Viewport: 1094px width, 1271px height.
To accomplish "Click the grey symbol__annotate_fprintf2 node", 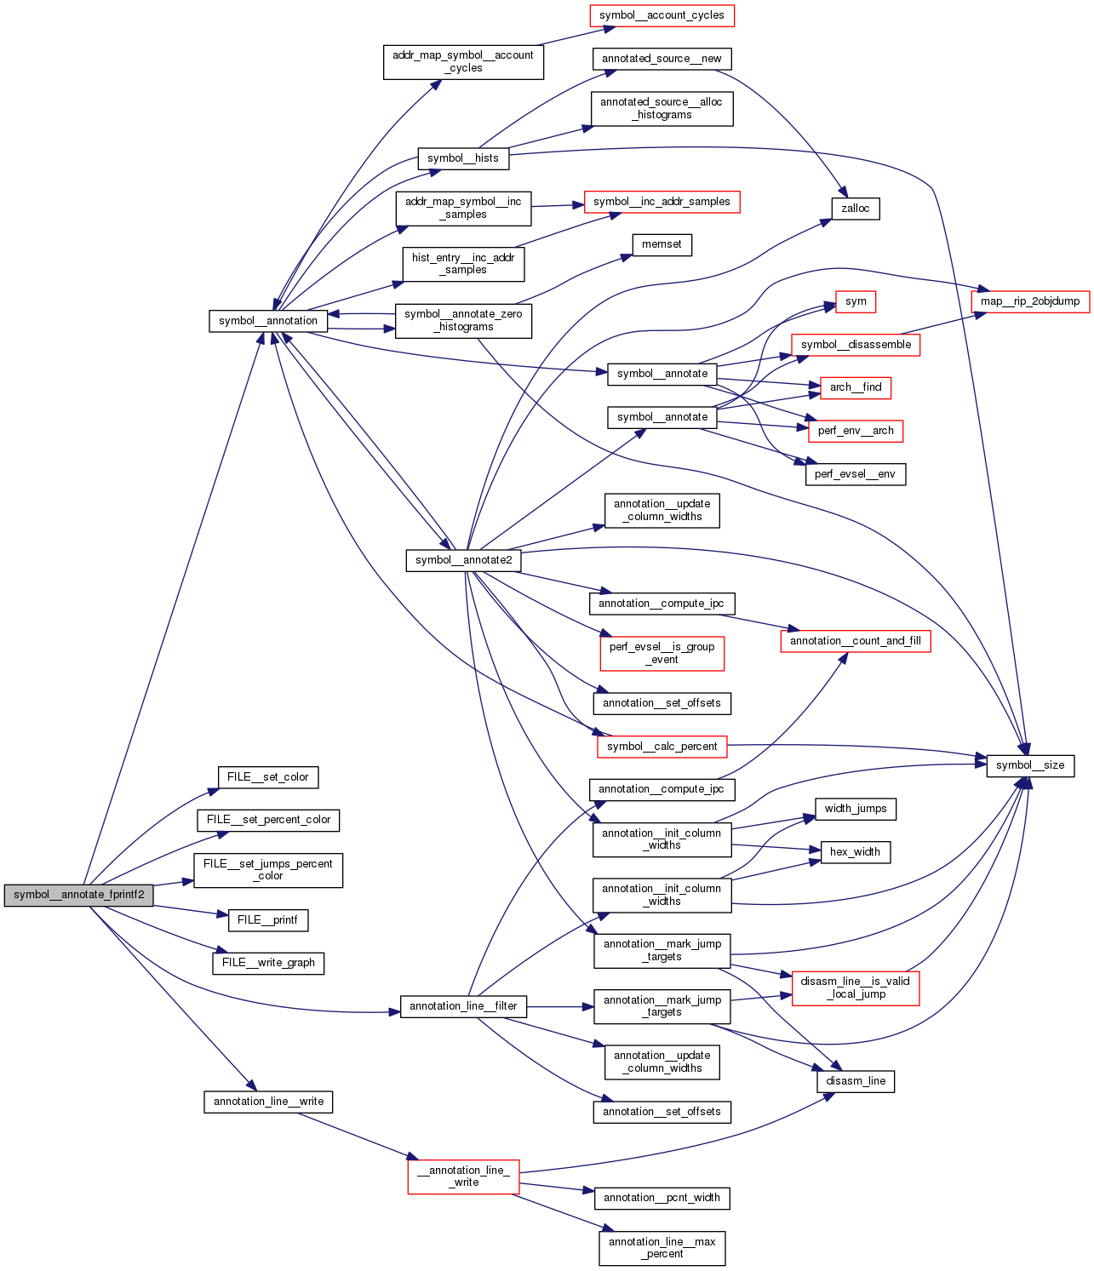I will [x=78, y=895].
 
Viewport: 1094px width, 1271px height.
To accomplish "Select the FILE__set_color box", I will [x=267, y=777].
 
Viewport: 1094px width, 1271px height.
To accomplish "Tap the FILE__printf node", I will [x=267, y=920].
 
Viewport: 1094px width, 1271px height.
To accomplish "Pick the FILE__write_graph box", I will [x=268, y=963].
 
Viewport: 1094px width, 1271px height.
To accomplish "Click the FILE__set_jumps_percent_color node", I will [x=267, y=870].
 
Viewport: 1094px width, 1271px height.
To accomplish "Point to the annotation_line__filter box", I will [x=463, y=1006].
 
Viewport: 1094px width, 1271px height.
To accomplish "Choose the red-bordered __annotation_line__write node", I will [x=463, y=1177].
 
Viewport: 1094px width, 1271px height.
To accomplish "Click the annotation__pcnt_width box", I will [x=662, y=1198].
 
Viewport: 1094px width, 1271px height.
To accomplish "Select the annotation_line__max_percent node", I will [x=662, y=1248].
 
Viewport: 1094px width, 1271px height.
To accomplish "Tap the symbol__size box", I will [x=1030, y=765].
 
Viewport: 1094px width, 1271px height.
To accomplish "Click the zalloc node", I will [x=855, y=209].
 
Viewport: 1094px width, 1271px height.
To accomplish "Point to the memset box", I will [x=662, y=244].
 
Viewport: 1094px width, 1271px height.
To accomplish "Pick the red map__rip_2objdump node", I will [x=1029, y=301].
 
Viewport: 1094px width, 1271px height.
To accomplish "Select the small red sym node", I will [x=856, y=301].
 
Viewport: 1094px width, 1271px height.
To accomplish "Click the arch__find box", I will [x=856, y=387].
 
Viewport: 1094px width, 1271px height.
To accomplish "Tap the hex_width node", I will [x=855, y=852].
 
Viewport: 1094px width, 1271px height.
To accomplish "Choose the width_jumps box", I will [x=855, y=809].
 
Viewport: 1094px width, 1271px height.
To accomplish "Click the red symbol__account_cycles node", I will [x=662, y=15].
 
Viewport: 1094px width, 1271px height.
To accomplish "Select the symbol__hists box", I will [x=463, y=158].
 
